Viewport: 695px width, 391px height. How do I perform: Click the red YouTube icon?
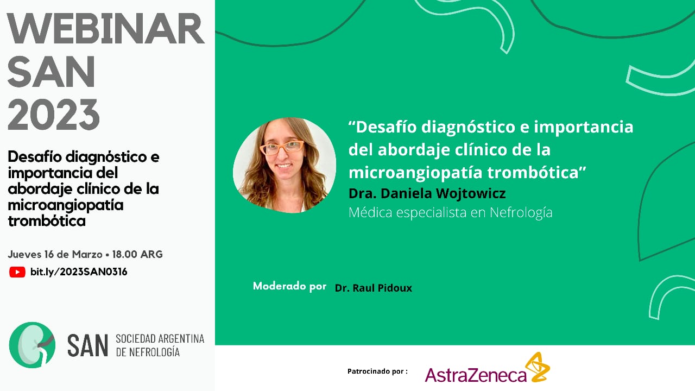(x=17, y=272)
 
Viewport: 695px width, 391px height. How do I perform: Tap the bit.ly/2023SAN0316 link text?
(x=79, y=272)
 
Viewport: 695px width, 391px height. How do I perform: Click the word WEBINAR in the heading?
(x=105, y=29)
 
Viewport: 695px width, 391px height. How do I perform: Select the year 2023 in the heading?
(x=53, y=114)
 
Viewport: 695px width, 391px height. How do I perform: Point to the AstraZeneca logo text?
(x=476, y=375)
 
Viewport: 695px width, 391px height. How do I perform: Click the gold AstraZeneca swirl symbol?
(x=538, y=367)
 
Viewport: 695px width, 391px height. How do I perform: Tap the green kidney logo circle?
(x=32, y=345)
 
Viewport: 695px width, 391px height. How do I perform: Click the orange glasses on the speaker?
(x=282, y=147)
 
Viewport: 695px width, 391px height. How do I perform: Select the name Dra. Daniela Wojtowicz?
(x=427, y=193)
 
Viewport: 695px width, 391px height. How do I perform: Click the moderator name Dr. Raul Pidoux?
(x=374, y=288)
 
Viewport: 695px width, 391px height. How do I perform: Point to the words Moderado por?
(x=290, y=286)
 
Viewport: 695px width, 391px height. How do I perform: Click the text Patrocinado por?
(x=377, y=371)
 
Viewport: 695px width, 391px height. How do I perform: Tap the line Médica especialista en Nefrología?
(x=451, y=212)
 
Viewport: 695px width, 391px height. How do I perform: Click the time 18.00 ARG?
(x=137, y=255)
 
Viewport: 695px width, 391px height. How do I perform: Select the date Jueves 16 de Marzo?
(x=55, y=255)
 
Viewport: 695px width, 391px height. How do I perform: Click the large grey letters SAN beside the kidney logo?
(x=87, y=345)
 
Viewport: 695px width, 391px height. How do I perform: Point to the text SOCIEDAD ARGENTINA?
(x=160, y=338)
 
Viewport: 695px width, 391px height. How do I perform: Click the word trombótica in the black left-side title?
(x=47, y=221)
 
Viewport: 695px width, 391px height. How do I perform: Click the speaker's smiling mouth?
(x=284, y=166)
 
